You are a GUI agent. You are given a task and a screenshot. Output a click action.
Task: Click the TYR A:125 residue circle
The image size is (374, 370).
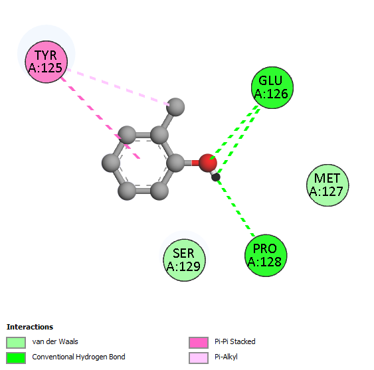tap(47, 62)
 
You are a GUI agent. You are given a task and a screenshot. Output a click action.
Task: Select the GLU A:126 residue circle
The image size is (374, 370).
tap(272, 88)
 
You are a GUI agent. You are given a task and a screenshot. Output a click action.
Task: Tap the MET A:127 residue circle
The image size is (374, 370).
tap(327, 185)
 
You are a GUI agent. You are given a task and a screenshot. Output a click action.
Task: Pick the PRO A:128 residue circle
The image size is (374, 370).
tap(266, 256)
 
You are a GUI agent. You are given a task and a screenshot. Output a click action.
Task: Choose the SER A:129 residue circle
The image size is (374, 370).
tap(184, 260)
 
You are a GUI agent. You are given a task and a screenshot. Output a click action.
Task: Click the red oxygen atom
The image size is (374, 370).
tap(208, 163)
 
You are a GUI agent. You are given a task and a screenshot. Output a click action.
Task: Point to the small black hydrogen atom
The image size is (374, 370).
tap(216, 177)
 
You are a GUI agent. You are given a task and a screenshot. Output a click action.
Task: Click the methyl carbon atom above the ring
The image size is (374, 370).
tap(175, 107)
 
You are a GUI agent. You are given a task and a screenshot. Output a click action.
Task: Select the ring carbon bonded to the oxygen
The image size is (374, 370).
tap(175, 163)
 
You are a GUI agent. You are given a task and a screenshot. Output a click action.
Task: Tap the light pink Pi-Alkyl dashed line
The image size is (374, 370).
tap(118, 87)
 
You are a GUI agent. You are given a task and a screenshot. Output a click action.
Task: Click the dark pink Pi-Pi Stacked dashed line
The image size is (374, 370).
tap(100, 118)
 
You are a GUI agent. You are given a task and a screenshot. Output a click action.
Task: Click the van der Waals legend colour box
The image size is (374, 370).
tap(16, 343)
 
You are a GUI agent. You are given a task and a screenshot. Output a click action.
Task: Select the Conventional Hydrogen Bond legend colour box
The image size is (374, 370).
tap(16, 358)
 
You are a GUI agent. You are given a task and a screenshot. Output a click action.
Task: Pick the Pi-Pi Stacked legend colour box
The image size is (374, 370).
tap(199, 343)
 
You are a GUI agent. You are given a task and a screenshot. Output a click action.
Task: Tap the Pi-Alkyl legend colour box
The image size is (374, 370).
tap(199, 358)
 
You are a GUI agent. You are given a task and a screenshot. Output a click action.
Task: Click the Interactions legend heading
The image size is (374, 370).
tap(30, 327)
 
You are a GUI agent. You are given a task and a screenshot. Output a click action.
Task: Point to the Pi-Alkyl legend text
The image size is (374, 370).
tap(226, 357)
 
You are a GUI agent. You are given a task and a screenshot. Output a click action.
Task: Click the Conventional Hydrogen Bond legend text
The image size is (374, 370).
tap(78, 357)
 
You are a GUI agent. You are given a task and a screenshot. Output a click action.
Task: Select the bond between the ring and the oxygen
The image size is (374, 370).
tap(191, 163)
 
